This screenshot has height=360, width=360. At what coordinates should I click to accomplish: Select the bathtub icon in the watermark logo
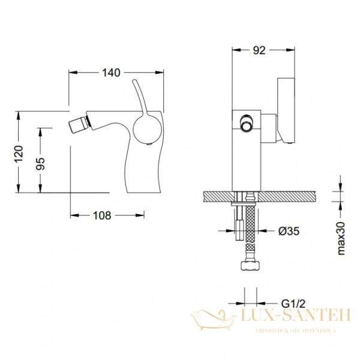click(x=213, y=317)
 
